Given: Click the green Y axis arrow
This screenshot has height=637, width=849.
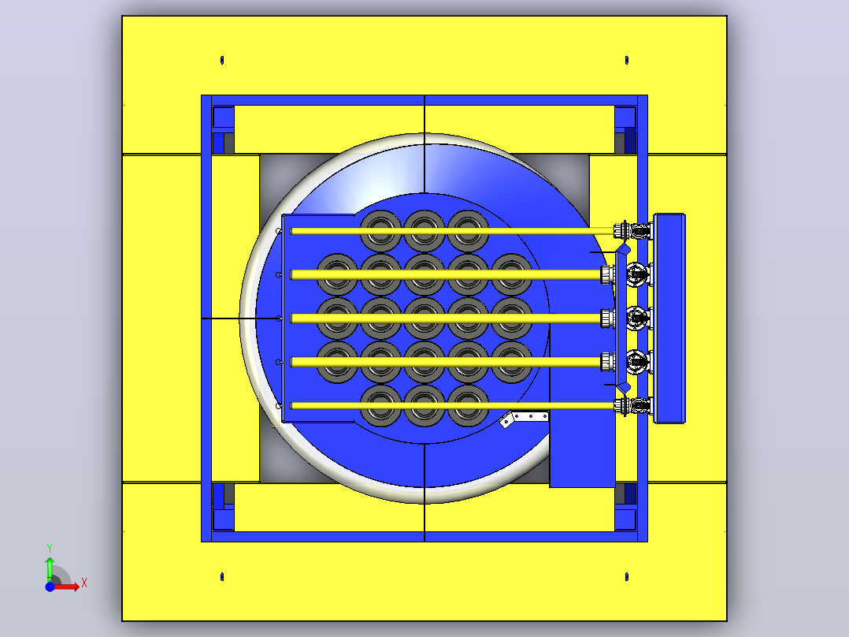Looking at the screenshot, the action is tap(50, 568).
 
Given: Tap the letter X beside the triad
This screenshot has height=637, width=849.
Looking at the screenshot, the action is tap(84, 583).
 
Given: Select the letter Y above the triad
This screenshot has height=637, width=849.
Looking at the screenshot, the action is tap(50, 549).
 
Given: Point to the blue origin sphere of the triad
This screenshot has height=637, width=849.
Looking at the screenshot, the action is tap(50, 587).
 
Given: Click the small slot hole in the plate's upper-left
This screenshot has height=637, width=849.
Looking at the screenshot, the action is tap(222, 60).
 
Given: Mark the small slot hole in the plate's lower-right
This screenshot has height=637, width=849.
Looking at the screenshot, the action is tap(626, 577).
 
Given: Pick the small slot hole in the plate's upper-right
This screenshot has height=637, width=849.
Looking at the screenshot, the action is tap(626, 60).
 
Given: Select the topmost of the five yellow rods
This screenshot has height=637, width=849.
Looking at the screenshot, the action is tap(453, 231).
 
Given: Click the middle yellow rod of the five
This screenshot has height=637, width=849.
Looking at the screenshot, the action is tap(446, 318).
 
